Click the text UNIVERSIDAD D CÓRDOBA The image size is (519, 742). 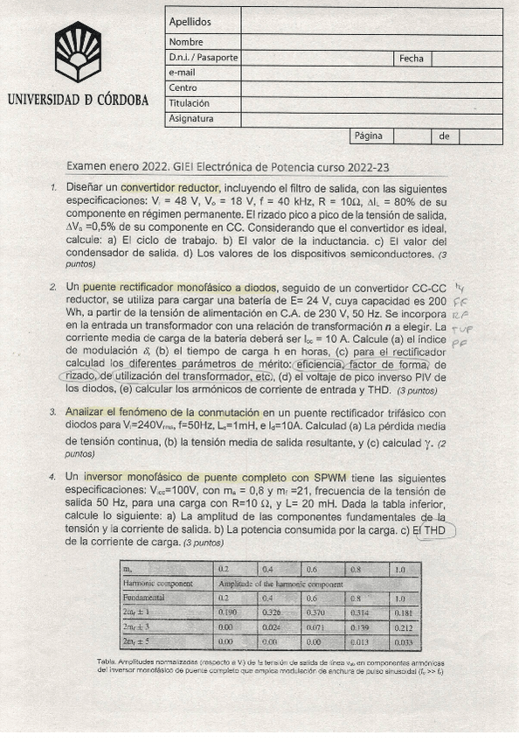pos(78,100)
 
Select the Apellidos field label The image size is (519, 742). pos(190,22)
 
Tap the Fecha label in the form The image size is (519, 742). pos(411,59)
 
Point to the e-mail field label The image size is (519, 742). pos(183,73)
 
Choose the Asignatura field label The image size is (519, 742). pos(191,119)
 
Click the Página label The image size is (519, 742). pos(368,136)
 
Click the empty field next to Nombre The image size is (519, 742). pos(371,42)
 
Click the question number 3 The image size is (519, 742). pos(53,412)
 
